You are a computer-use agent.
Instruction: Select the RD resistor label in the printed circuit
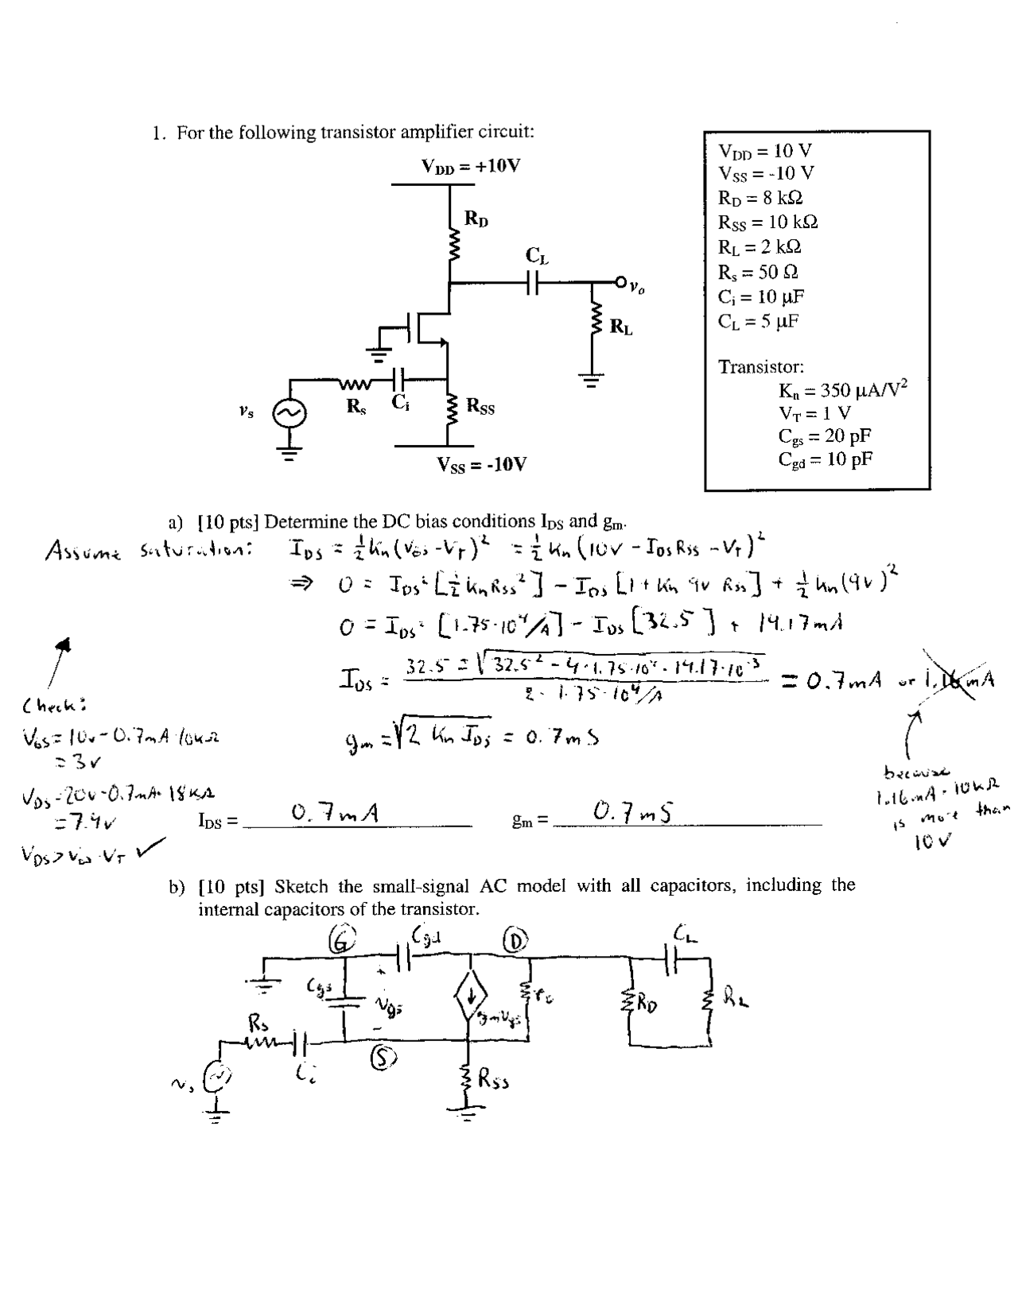[x=476, y=219]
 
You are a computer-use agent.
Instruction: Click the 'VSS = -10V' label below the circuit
[x=482, y=464]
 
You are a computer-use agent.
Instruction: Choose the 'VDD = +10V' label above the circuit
[x=471, y=166]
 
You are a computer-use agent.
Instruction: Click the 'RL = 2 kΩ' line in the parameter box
[x=760, y=246]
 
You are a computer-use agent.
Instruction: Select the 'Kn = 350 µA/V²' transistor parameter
[x=842, y=390]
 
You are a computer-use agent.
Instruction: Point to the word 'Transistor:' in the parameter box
[x=761, y=367]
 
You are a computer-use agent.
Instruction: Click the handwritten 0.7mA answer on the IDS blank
[x=334, y=813]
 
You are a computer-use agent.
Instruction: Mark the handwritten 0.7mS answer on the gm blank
[x=633, y=813]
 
